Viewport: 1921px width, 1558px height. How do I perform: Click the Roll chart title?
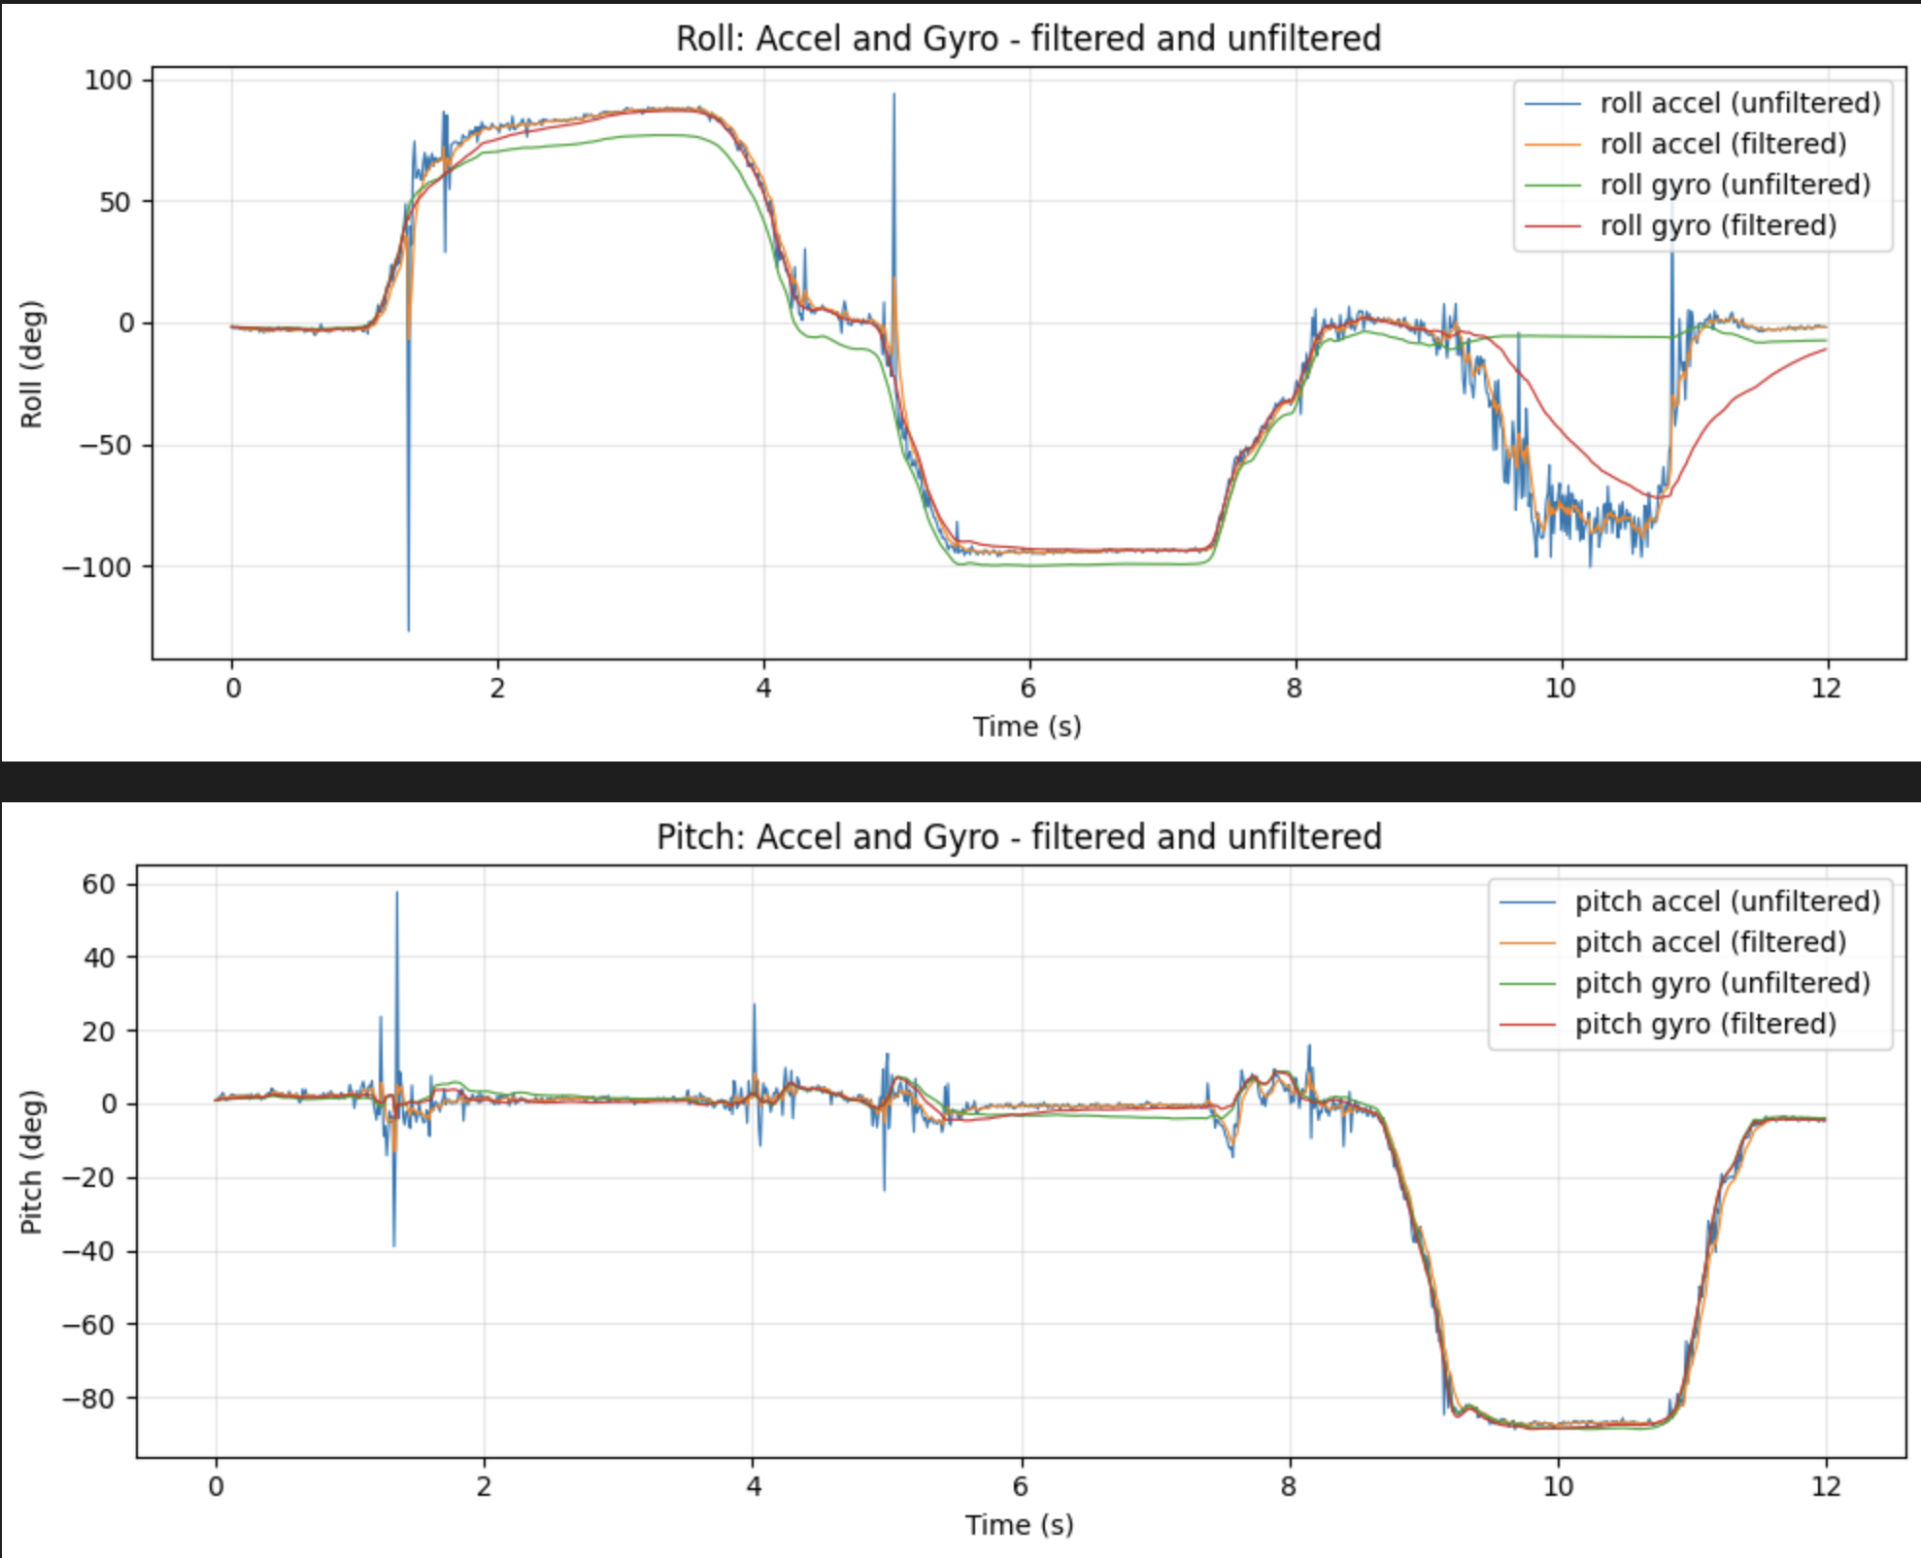tap(1028, 39)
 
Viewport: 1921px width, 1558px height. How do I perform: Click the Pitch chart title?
tap(1019, 836)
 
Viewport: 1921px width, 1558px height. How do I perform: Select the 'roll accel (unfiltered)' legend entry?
tap(1739, 103)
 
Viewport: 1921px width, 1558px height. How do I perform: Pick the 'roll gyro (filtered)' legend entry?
tap(1718, 225)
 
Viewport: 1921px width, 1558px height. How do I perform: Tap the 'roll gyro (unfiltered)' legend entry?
tap(1735, 185)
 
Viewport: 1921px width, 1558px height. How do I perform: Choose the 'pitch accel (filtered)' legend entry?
tap(1710, 942)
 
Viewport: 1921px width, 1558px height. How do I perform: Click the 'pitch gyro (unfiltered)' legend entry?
tap(1722, 983)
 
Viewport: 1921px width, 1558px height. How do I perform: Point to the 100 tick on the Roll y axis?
tap(107, 80)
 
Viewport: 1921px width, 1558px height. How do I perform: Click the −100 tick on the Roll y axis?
tap(96, 567)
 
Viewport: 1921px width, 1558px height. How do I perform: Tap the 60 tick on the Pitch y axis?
tap(98, 884)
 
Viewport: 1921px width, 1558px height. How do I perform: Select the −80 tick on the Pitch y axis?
tap(87, 1399)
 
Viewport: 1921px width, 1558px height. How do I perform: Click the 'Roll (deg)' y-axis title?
tap(32, 364)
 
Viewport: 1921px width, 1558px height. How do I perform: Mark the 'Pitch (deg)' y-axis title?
tap(32, 1162)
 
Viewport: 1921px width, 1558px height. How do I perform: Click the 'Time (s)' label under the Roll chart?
tap(1027, 727)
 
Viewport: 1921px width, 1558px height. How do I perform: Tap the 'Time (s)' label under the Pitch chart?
tap(1019, 1525)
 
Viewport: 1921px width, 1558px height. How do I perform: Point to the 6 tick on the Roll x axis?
tap(1028, 689)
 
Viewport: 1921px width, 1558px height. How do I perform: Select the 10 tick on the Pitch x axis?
tap(1558, 1487)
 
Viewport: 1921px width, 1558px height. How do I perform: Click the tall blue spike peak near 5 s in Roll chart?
tap(894, 94)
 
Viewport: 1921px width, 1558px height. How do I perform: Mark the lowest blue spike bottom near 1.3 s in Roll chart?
tap(408, 630)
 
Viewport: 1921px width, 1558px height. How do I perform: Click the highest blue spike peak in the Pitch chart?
tap(396, 893)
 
